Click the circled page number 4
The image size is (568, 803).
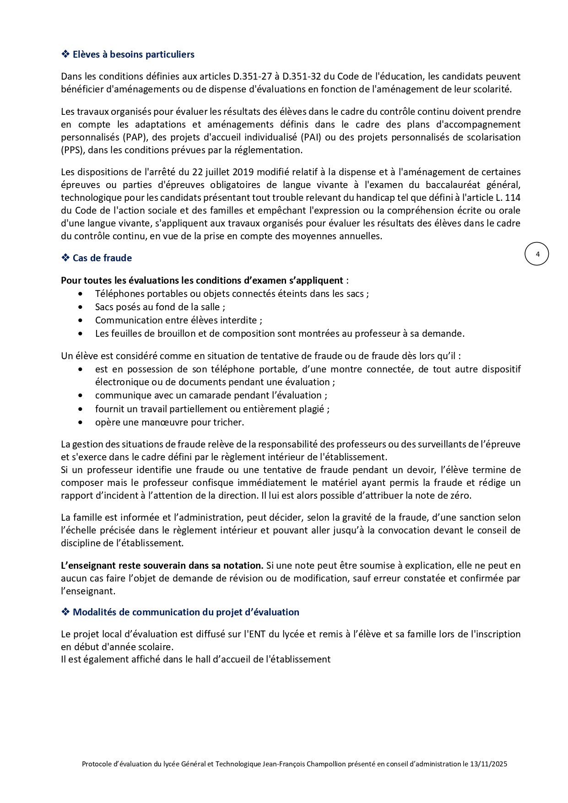pos(537,254)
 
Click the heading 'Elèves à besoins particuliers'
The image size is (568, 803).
pos(133,54)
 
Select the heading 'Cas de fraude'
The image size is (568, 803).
pos(102,258)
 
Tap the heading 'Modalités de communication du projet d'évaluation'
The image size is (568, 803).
pos(186,612)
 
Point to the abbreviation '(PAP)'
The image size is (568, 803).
pos(135,137)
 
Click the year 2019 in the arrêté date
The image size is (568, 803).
pos(243,172)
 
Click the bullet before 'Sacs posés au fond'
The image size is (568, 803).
pos(81,307)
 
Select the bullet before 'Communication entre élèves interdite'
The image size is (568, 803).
pos(81,320)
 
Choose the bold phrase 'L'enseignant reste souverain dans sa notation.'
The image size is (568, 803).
pos(162,566)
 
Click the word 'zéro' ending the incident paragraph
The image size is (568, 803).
pos(460,496)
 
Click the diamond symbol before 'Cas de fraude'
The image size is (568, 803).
pos(65,258)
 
